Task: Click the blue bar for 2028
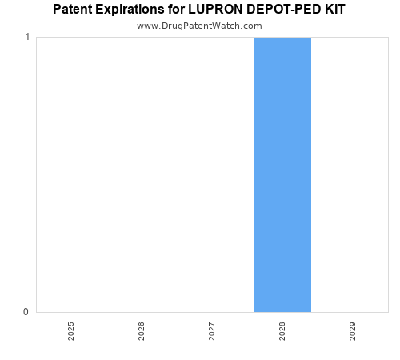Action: click(x=282, y=174)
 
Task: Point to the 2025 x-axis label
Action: click(x=71, y=332)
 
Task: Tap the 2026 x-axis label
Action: click(x=142, y=332)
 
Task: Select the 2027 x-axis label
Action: click(x=212, y=332)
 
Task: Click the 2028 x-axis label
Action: click(x=282, y=332)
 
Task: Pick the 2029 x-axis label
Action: click(x=353, y=332)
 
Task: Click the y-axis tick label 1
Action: click(x=27, y=38)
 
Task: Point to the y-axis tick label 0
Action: click(x=27, y=312)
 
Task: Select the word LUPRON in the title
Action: click(x=222, y=10)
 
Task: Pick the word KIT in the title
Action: click(x=334, y=10)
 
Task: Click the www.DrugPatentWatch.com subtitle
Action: click(x=199, y=26)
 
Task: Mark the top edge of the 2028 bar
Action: click(x=282, y=38)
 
